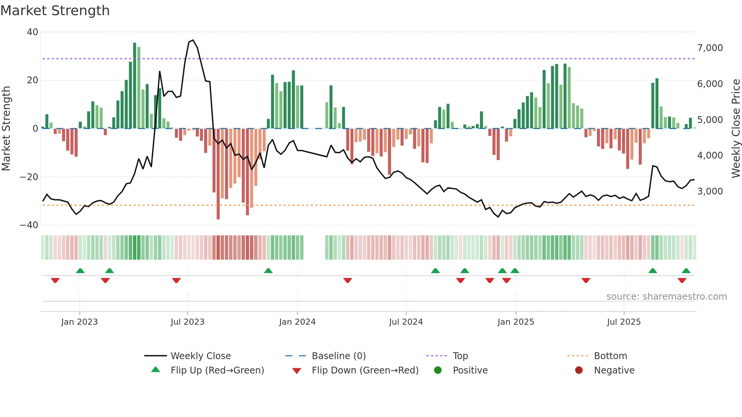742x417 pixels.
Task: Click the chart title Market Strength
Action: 55,11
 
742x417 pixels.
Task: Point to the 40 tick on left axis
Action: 33,32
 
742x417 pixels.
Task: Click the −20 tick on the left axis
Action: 29,177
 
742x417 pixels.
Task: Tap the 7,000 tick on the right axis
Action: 710,48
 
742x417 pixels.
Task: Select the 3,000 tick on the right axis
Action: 710,191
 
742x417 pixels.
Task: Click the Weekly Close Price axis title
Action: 736,129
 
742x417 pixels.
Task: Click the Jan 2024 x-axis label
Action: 297,322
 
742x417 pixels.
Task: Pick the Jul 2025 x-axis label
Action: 624,322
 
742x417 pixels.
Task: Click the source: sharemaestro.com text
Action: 666,297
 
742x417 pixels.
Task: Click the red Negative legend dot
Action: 578,370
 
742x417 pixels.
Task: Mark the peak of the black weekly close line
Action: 193,40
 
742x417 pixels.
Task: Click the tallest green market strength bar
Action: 135,85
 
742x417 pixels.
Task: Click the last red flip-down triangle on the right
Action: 682,280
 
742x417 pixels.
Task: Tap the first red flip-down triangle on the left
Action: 55,280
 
